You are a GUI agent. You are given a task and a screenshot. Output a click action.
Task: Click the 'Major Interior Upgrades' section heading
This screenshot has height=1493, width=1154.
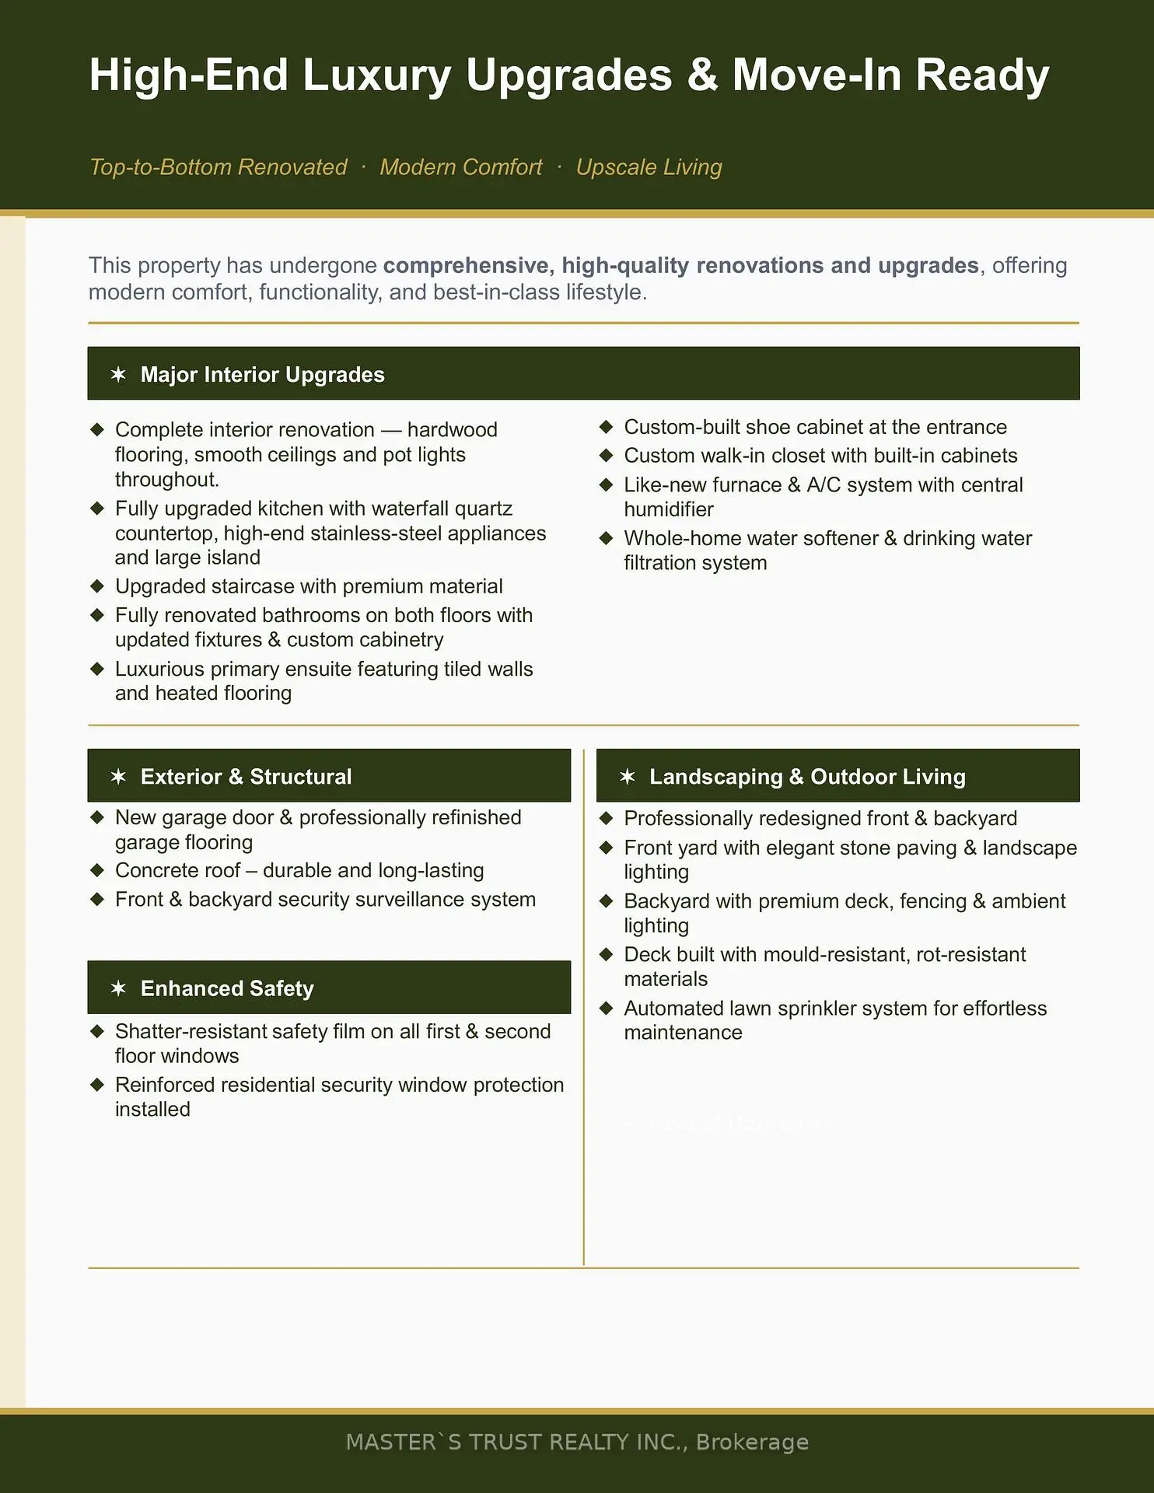[x=262, y=375]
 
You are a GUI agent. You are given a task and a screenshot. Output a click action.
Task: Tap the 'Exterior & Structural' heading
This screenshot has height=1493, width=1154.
[x=246, y=777]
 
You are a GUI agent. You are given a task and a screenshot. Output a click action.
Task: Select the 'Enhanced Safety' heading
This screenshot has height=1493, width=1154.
[x=227, y=988]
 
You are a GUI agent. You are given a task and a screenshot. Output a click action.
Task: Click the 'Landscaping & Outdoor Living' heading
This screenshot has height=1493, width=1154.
[x=807, y=777]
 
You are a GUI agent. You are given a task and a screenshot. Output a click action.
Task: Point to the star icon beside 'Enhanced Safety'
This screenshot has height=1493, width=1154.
[x=118, y=988]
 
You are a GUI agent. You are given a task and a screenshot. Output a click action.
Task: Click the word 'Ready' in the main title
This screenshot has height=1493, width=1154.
[x=982, y=75]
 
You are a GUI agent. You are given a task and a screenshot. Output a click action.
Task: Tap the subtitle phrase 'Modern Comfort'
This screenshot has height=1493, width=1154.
[x=460, y=167]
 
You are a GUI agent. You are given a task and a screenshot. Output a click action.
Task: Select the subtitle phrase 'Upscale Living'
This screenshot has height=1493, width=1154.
[x=649, y=167]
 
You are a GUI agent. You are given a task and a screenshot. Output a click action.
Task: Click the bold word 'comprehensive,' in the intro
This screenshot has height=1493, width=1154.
[x=467, y=266]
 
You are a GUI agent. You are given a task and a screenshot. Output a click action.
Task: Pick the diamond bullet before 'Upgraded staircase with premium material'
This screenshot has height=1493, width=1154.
[x=97, y=586]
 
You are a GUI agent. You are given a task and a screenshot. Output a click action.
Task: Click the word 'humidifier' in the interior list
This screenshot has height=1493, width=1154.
[x=669, y=509]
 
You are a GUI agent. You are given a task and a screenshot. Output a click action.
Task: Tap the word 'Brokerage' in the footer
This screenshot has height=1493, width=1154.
[x=752, y=1442]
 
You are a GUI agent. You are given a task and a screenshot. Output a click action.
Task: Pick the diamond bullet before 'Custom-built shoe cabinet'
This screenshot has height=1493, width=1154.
[x=607, y=427]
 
